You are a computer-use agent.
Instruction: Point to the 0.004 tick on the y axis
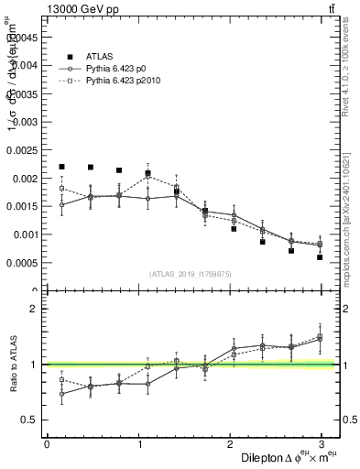27,65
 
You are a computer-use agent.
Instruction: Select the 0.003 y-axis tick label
27,122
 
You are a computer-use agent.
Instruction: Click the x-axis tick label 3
322,443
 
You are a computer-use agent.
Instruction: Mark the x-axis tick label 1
138,443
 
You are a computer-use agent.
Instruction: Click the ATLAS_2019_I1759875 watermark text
191,273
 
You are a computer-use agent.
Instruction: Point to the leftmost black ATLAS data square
61,167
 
